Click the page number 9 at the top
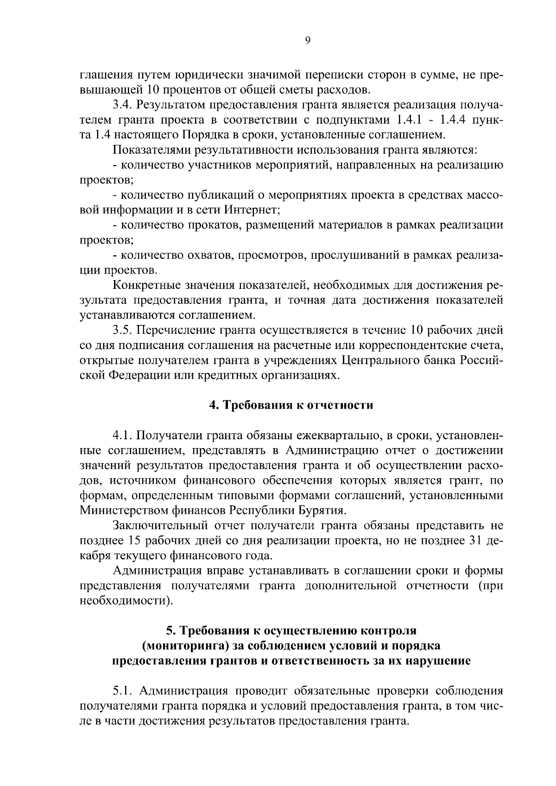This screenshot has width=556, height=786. coord(308,40)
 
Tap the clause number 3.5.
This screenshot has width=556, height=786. coord(122,330)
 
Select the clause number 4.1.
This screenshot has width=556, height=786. coord(122,435)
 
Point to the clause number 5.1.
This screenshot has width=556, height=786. coord(122,691)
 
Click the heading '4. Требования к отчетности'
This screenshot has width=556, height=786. coord(291,405)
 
